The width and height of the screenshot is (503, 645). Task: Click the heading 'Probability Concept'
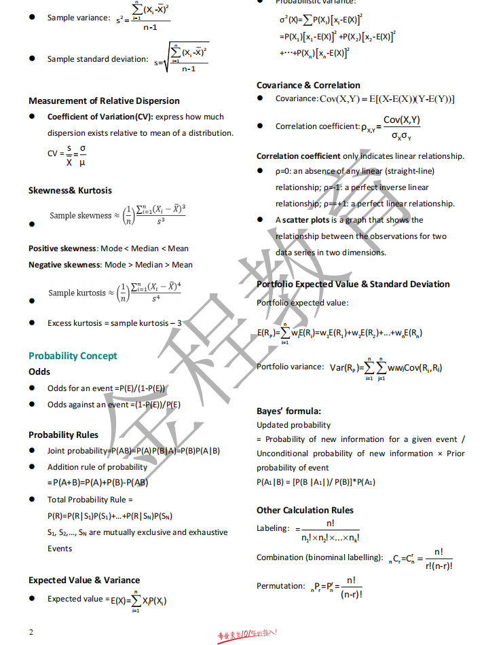click(x=73, y=356)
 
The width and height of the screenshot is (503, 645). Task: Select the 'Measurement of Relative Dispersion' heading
click(x=104, y=100)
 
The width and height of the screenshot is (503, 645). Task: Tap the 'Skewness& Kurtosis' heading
click(x=70, y=190)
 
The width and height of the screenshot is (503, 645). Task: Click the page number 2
click(x=31, y=632)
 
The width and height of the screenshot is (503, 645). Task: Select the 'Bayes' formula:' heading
click(x=288, y=411)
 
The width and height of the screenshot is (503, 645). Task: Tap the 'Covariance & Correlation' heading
click(x=308, y=85)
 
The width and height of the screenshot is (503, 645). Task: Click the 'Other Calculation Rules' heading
click(x=305, y=510)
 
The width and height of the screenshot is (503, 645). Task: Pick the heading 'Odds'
click(x=39, y=372)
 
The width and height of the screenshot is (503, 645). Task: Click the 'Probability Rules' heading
click(x=63, y=435)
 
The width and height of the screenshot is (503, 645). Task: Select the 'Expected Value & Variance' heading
click(x=84, y=580)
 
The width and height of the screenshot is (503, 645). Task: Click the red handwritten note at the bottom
click(x=247, y=635)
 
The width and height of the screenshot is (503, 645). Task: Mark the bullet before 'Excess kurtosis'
click(x=32, y=323)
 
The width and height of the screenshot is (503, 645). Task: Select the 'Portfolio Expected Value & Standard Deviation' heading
click(x=353, y=284)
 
